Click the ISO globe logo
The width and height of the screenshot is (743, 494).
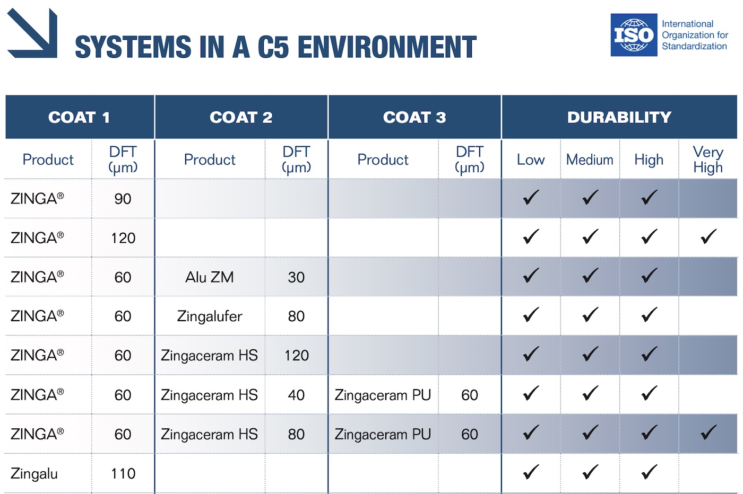(x=634, y=35)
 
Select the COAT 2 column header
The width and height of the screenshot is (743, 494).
(x=241, y=117)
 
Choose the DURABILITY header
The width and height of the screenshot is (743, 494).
(x=619, y=117)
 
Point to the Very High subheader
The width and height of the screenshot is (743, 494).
(x=708, y=160)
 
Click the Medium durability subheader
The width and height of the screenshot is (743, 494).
(x=590, y=160)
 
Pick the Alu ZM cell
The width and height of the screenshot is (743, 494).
(x=209, y=277)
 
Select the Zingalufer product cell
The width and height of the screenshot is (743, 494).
(x=209, y=316)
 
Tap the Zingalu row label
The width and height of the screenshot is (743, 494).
(x=34, y=474)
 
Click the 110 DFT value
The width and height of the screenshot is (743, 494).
(x=123, y=474)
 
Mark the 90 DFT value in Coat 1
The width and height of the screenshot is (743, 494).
(x=123, y=199)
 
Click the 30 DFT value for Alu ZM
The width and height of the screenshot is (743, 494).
(x=296, y=277)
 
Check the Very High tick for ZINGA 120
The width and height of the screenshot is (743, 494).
(x=708, y=236)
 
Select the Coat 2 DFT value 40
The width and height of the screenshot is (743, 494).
(x=296, y=395)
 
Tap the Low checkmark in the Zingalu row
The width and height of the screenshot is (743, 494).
(x=531, y=472)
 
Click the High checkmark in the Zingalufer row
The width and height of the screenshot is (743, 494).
(x=649, y=315)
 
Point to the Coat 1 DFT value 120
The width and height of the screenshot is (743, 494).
(x=123, y=238)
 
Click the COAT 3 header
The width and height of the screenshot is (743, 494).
(x=414, y=117)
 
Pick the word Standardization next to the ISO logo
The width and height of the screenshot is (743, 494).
(x=694, y=46)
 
